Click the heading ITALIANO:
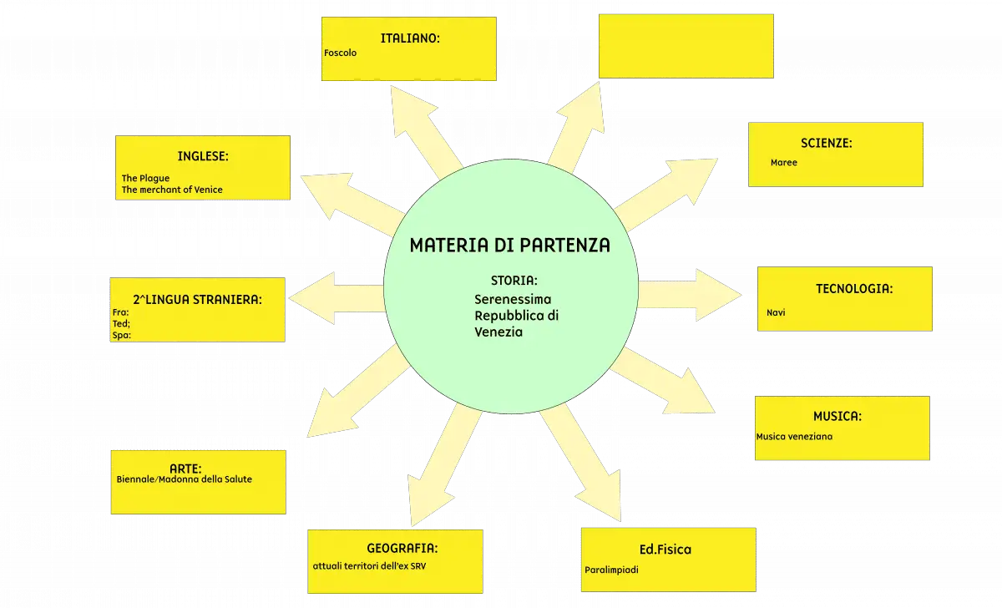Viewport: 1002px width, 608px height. click(410, 38)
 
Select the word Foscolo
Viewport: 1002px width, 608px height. click(340, 53)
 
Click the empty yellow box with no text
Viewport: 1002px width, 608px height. click(686, 46)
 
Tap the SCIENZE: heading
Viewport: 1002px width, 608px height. click(826, 143)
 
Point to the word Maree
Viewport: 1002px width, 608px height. click(784, 162)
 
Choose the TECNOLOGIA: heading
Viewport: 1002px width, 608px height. click(854, 289)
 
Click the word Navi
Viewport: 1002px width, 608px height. click(776, 312)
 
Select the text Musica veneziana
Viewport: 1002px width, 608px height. click(794, 437)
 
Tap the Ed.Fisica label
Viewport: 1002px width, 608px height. click(665, 550)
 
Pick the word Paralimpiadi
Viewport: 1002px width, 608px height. click(611, 570)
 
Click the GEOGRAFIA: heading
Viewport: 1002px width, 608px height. click(402, 548)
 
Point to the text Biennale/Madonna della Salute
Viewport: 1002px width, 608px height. click(185, 479)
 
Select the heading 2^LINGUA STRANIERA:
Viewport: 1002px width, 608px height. click(197, 299)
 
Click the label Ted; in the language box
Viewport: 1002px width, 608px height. click(121, 323)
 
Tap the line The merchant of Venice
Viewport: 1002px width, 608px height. click(172, 190)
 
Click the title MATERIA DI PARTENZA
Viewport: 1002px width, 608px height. click(510, 246)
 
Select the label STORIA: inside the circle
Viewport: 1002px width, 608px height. click(514, 281)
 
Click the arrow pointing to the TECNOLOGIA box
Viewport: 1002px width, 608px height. click(690, 295)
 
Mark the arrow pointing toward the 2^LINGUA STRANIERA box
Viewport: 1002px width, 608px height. click(337, 298)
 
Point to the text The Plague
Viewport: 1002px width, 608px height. click(145, 178)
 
